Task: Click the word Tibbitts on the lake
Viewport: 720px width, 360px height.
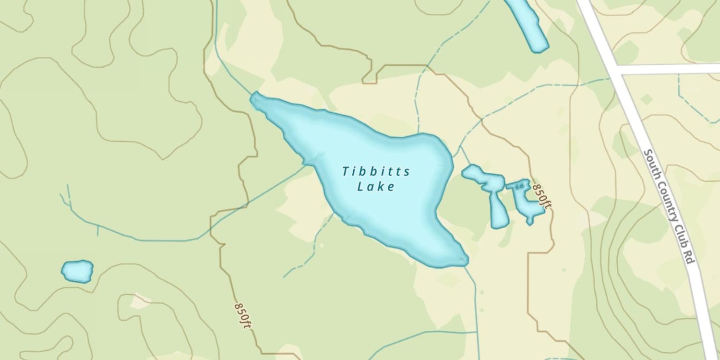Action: (x=376, y=171)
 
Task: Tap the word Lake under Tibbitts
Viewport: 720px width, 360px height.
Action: (x=376, y=187)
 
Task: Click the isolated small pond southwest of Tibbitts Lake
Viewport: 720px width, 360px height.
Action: (x=77, y=271)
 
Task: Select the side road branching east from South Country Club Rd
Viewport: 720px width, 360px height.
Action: (x=672, y=69)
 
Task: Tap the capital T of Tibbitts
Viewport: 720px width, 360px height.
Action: (x=345, y=171)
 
